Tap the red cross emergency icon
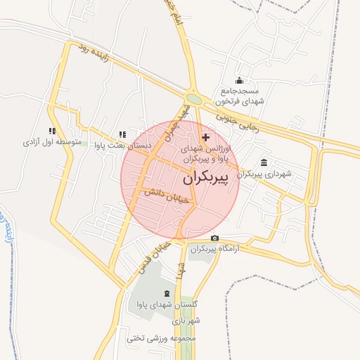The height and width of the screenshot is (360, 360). click(205, 137)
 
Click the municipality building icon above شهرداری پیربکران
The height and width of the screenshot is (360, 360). click(263, 162)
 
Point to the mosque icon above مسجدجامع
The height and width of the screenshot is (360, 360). click(240, 80)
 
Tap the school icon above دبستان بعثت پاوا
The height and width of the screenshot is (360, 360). click(122, 134)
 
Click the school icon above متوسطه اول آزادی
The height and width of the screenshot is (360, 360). click(51, 131)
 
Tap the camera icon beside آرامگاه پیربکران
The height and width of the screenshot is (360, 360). click(214, 239)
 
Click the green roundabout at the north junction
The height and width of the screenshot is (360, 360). click(194, 99)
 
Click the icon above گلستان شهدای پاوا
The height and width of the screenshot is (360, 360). click(167, 293)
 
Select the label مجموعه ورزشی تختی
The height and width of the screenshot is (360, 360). click(165, 338)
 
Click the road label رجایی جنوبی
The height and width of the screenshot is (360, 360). click(236, 120)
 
